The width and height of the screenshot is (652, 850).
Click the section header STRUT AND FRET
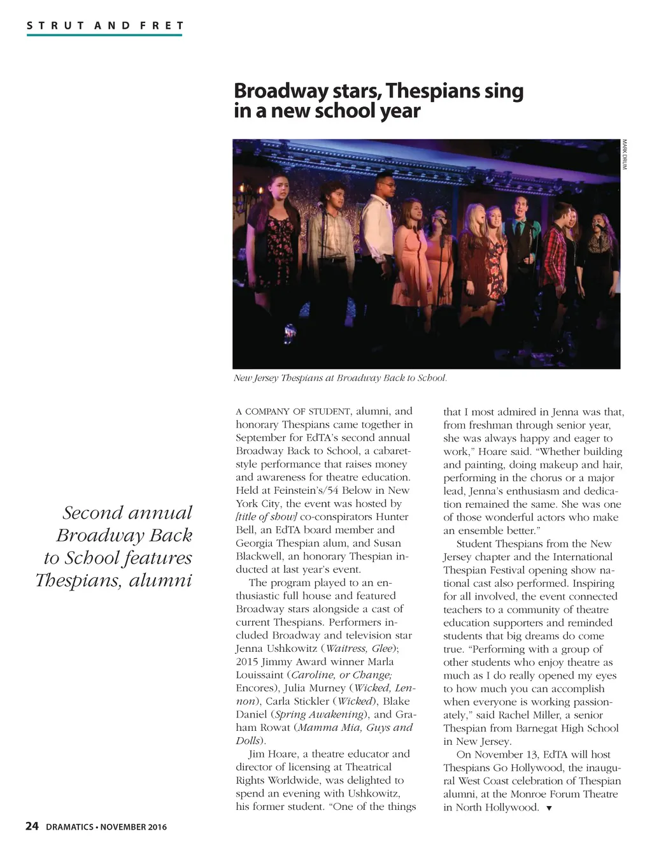coord(105,26)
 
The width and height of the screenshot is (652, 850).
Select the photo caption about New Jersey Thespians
coord(340,378)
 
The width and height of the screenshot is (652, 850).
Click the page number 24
coord(32,826)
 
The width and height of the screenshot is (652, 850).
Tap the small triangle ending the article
coord(549,809)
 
